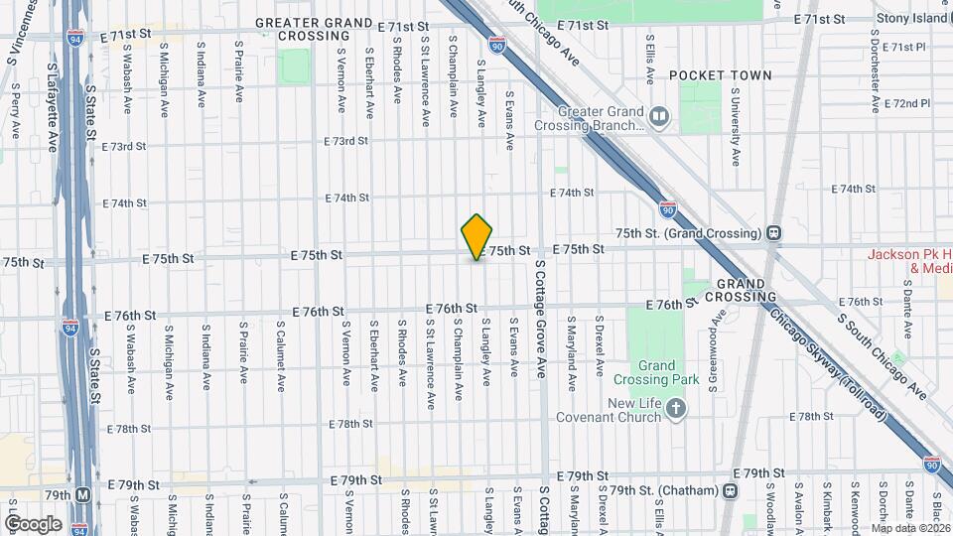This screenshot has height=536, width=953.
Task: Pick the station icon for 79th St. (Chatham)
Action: (x=730, y=490)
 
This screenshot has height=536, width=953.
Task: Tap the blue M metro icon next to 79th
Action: (x=83, y=495)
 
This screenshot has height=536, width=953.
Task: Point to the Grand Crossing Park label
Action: (x=670, y=372)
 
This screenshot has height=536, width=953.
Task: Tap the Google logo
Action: (x=32, y=523)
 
